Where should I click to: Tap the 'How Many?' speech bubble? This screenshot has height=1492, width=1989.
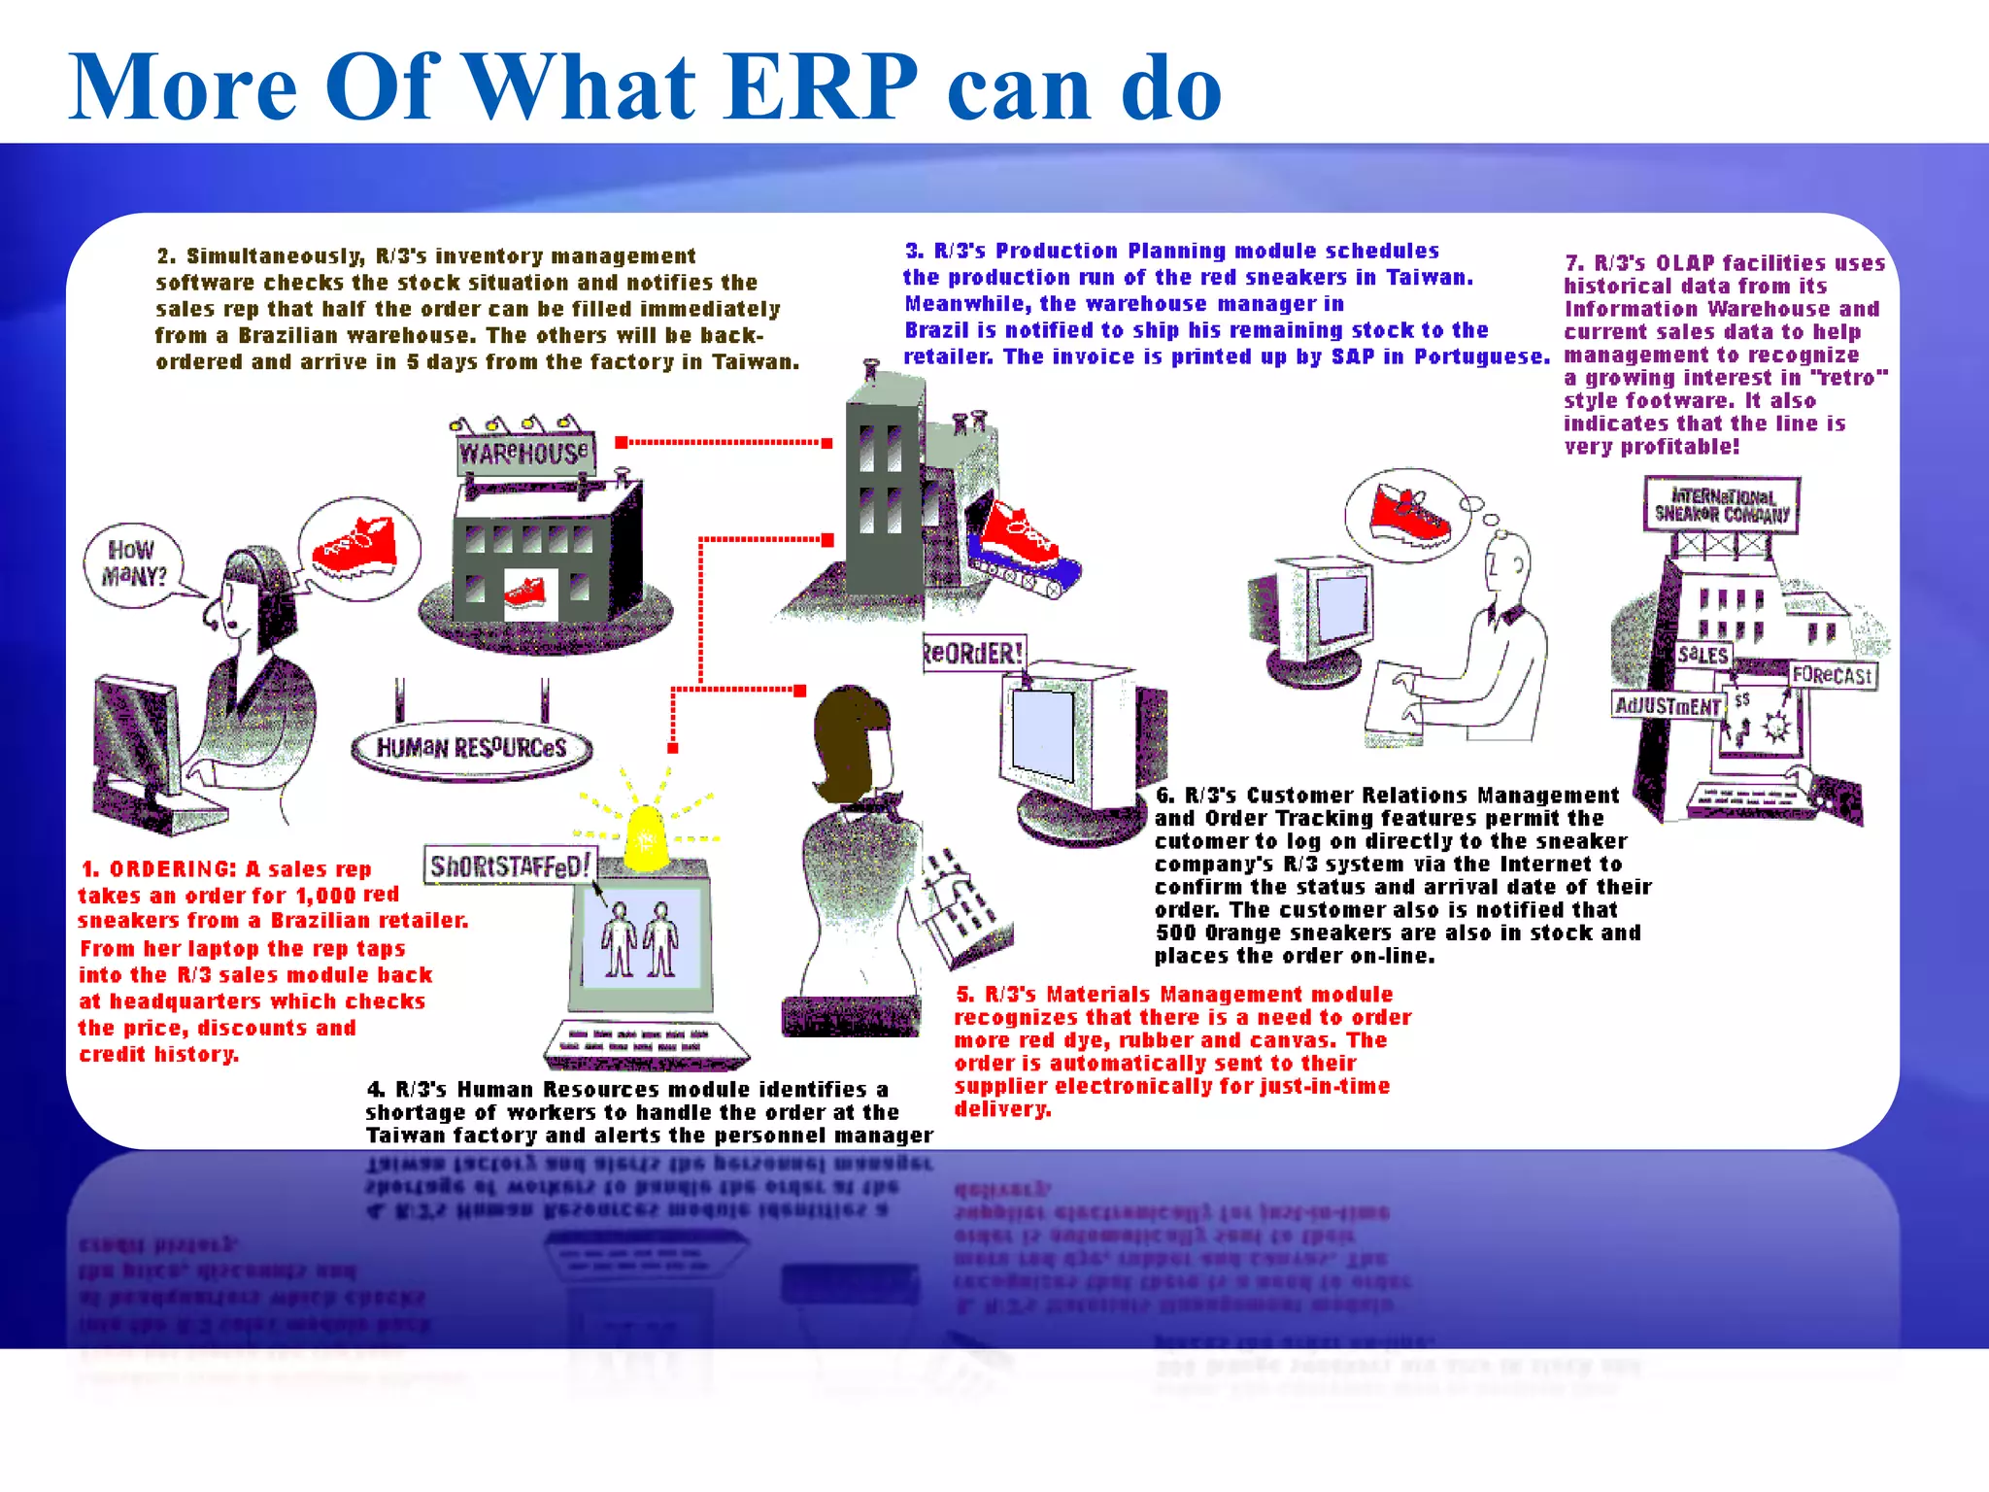(x=134, y=564)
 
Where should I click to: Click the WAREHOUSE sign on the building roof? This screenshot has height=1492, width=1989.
(x=523, y=453)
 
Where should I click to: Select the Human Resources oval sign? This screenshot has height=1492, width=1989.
(x=471, y=748)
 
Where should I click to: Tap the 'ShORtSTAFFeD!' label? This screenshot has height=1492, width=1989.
(x=510, y=865)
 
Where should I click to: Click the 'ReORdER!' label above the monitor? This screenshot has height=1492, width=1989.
(x=973, y=653)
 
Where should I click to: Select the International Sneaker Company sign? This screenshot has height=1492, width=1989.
(x=1721, y=504)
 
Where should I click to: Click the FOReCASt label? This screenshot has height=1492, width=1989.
(x=1832, y=675)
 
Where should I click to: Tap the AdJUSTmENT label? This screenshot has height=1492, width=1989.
(x=1667, y=706)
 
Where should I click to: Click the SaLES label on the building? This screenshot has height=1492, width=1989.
(x=1702, y=655)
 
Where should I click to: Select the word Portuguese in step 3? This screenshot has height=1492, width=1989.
(x=1481, y=356)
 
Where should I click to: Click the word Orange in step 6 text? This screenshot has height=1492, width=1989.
(x=1243, y=933)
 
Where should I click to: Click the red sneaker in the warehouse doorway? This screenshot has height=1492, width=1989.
(x=525, y=591)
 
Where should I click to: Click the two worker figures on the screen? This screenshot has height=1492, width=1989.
(x=640, y=938)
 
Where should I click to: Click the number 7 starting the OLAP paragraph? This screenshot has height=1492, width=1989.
(x=1573, y=263)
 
